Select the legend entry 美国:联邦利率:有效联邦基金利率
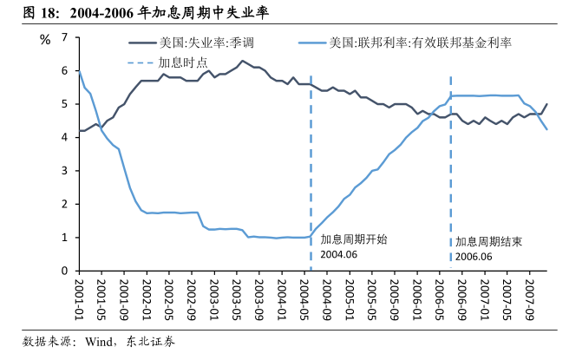coord(420,43)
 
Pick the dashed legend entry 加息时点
coord(183,62)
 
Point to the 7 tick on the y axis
coord(64,37)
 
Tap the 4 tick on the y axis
coord(64,137)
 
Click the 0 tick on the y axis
coord(64,271)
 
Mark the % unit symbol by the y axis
coord(45,38)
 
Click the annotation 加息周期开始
coord(354,239)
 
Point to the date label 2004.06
coord(338,255)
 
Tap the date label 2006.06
coord(474,257)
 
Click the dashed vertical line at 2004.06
coord(311,173)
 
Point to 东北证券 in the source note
coord(150,342)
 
